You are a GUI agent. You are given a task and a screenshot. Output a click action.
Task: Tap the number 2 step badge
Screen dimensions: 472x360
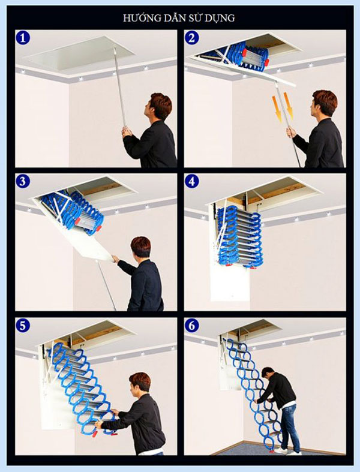tap(192, 38)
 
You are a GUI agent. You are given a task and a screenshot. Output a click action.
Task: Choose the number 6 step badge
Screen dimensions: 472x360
tap(192, 326)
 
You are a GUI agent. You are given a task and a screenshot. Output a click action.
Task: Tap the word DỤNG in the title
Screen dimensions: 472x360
tap(221, 18)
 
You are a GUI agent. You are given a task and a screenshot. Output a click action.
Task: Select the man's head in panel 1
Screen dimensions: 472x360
tap(159, 104)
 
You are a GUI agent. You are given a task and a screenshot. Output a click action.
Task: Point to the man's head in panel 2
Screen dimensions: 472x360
tap(324, 102)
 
